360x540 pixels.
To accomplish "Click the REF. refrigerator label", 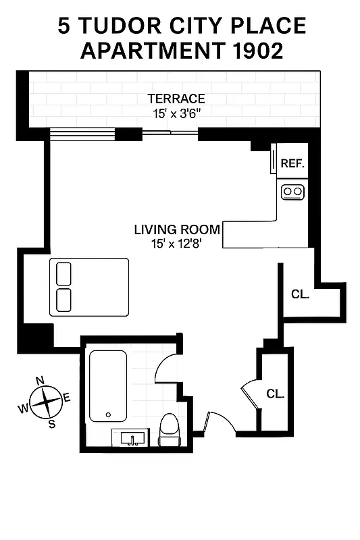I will pos(293,164).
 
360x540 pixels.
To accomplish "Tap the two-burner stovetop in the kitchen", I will pos(293,192).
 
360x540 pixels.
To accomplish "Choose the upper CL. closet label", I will pos(300,294).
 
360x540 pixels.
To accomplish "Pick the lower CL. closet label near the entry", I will pos(274,394).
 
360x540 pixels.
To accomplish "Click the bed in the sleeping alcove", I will pos(88,287).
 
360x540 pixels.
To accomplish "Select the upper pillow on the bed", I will pos(63,274).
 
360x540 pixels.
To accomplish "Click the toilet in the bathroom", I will pos(169,430).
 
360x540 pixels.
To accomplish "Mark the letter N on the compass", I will pos(39,379).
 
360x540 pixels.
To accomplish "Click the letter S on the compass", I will pos(51,423).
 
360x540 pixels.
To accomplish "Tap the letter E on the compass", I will pos(67,396).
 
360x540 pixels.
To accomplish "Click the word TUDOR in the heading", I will pos(119,26).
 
